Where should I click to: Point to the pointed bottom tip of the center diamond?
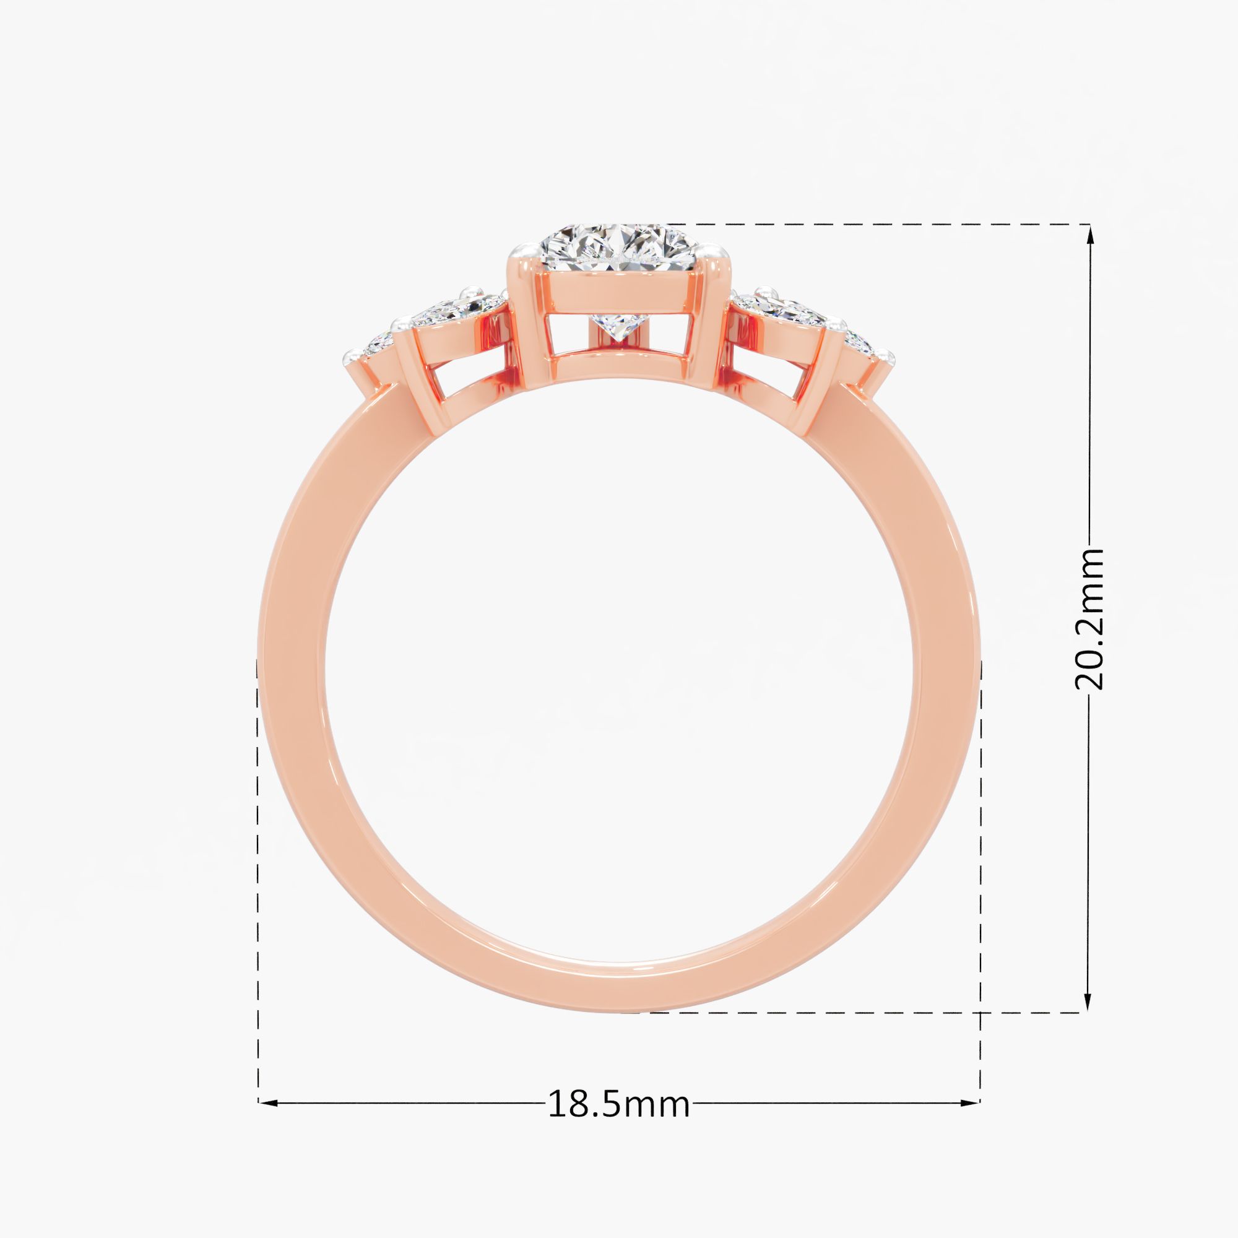pyautogui.click(x=618, y=341)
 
